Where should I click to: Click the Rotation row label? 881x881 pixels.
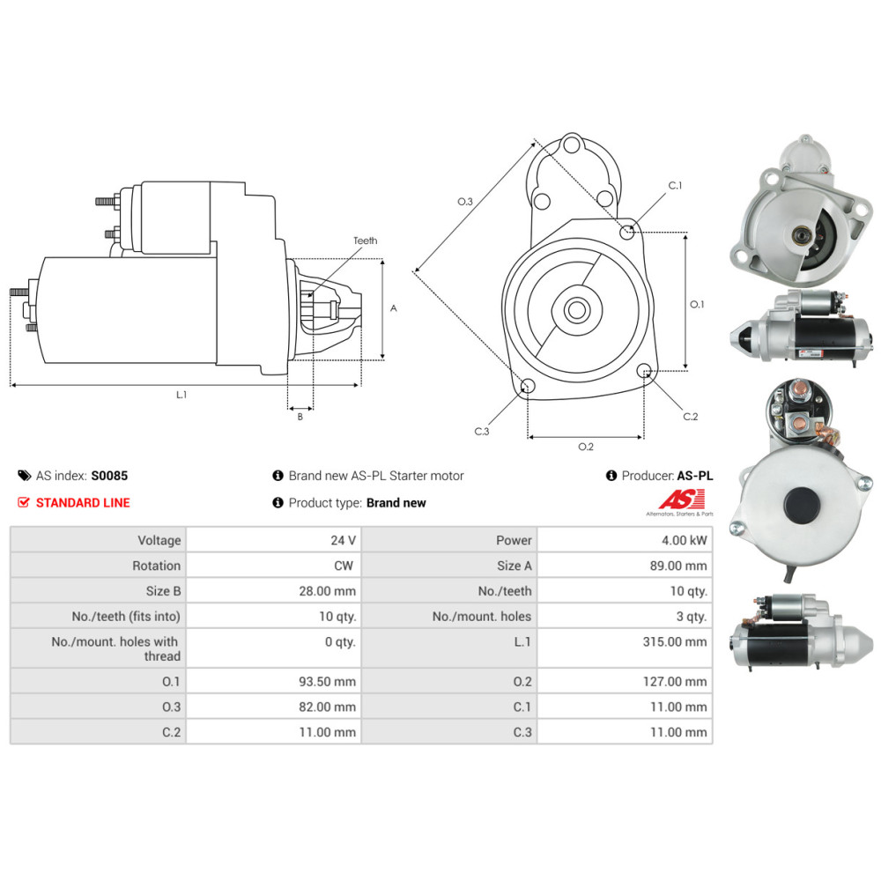156,566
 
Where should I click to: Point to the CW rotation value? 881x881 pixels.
344,566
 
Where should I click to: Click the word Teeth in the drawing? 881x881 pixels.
365,241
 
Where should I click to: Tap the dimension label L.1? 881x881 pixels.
181,396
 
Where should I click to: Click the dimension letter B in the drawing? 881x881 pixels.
300,417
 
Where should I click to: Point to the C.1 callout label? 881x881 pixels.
676,186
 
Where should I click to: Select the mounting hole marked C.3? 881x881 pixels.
528,386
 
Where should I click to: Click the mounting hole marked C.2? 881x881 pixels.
644,371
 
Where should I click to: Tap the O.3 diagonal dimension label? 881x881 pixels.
465,203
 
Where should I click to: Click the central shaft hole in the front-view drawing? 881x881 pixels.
577,309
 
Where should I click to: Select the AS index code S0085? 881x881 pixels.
109,476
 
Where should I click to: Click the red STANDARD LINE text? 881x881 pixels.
82,503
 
